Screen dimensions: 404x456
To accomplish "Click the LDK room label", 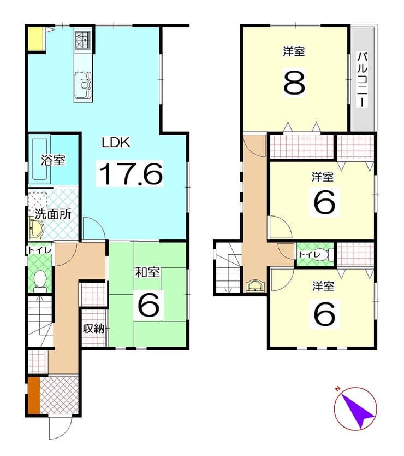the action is (116, 143).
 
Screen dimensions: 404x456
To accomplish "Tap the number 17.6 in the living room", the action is (130, 174).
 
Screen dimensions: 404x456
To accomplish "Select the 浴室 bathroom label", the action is (53, 160).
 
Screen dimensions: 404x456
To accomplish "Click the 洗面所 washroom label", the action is (53, 214).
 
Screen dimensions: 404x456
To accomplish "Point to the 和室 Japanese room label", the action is (147, 272).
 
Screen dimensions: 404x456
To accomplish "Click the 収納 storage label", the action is (94, 329).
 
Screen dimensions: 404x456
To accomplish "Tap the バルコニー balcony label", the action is (363, 80).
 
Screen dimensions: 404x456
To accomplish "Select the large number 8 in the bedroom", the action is (294, 83).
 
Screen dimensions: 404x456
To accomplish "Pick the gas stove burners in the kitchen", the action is (83, 39).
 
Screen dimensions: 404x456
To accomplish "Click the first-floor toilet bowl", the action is (40, 280).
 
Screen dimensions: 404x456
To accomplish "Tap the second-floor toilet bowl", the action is (326, 255).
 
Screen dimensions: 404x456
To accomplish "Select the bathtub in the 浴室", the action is (39, 159).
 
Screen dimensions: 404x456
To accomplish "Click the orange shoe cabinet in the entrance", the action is (34, 395).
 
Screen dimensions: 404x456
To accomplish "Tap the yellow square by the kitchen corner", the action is (35, 39).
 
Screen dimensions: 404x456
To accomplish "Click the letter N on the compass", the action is (337, 389).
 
